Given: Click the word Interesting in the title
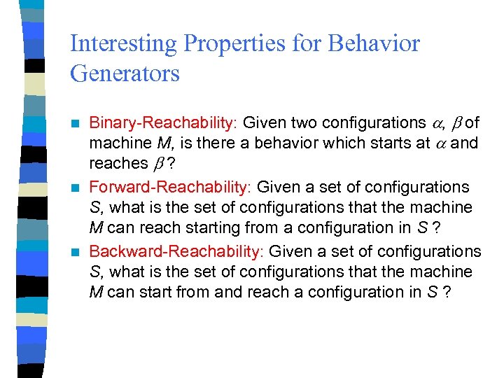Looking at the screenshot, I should coord(123,44).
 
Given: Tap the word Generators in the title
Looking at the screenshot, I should coord(125,73).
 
